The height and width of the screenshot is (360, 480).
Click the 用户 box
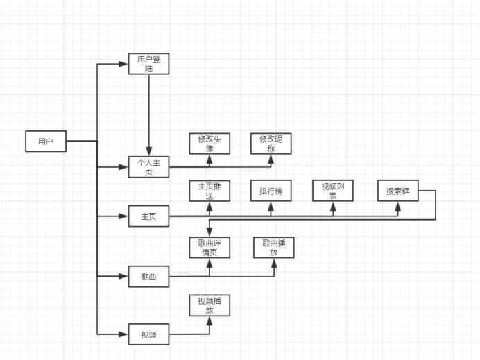[x=46, y=141]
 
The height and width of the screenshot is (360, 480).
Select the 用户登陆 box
[x=148, y=64]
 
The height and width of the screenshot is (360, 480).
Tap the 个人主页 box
[x=148, y=167]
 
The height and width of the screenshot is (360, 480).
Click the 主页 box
[x=148, y=216]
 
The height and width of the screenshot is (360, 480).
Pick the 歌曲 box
[x=148, y=277]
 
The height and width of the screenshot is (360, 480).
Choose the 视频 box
[x=148, y=334]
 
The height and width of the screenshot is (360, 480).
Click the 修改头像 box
[x=209, y=144]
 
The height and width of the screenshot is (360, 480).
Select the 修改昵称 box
[x=271, y=144]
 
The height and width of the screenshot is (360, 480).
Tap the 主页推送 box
[x=209, y=191]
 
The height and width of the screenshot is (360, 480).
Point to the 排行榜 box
[x=271, y=191]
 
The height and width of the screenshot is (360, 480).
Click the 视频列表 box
[x=333, y=191]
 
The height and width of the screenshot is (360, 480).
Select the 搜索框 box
[x=398, y=191]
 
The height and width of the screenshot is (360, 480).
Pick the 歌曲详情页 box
[x=209, y=248]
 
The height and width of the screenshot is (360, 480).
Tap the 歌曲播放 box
[x=274, y=248]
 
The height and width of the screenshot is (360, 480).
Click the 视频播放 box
[x=209, y=305]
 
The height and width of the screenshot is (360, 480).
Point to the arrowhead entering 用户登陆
[x=125, y=64]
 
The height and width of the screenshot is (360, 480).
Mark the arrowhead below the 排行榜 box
[x=271, y=205]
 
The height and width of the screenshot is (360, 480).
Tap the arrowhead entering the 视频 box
[x=125, y=334]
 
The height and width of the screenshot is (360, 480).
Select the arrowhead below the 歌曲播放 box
[x=274, y=262]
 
